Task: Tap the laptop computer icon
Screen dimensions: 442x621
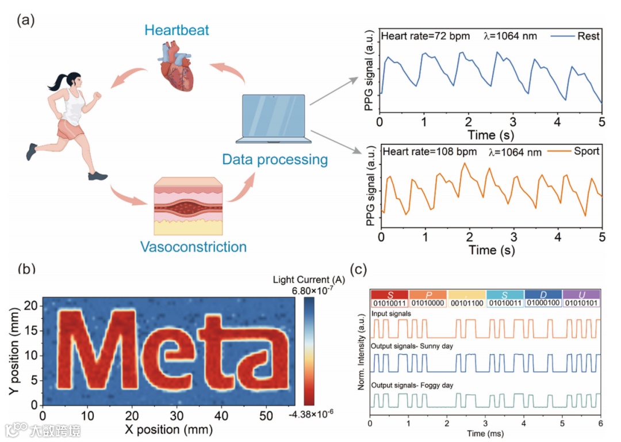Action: [273, 119]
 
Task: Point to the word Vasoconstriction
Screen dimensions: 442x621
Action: [193, 247]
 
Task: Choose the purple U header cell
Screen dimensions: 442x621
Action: [581, 294]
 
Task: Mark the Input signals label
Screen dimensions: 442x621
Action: [391, 314]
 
